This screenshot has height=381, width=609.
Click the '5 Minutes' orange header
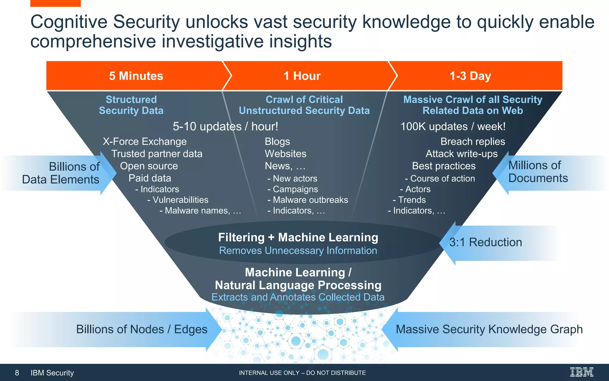pyautogui.click(x=136, y=76)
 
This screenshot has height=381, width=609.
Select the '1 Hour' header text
pyautogui.click(x=302, y=76)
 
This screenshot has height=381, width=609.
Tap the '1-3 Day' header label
pyautogui.click(x=470, y=76)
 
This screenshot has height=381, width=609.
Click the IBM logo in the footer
pyautogui.click(x=582, y=372)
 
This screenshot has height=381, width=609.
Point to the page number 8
pyautogui.click(x=17, y=373)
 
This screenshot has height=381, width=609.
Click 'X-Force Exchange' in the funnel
pyautogui.click(x=145, y=141)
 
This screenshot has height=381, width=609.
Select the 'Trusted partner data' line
pyautogui.click(x=157, y=154)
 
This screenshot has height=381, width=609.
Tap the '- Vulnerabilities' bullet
pyautogui.click(x=178, y=200)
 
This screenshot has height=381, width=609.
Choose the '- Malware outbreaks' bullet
pyautogui.click(x=308, y=200)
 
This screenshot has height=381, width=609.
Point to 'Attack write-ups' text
pyautogui.click(x=462, y=154)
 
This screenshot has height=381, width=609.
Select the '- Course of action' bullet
pyautogui.click(x=440, y=178)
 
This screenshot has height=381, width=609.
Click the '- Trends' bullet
pyautogui.click(x=409, y=200)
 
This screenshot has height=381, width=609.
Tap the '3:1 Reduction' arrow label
pyautogui.click(x=485, y=242)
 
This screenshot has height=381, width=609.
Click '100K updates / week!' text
pyautogui.click(x=453, y=127)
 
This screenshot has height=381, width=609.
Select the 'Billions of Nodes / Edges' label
pyautogui.click(x=142, y=329)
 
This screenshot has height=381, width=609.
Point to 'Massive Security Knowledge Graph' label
pyautogui.click(x=489, y=329)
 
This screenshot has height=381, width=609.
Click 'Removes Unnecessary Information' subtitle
pyautogui.click(x=298, y=251)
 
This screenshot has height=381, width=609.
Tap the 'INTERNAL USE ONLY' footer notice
pyautogui.click(x=302, y=373)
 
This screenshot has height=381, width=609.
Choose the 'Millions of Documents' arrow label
pyautogui.click(x=538, y=172)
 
